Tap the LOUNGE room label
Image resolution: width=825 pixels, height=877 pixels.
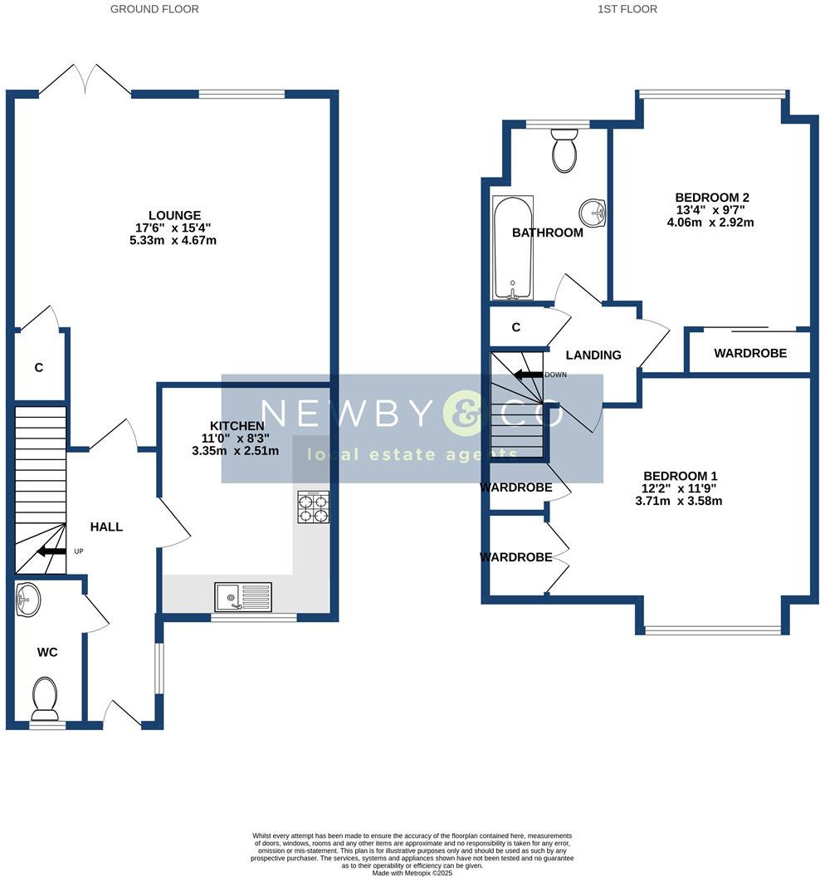pyautogui.click(x=174, y=216)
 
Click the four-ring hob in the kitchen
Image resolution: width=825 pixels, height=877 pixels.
pyautogui.click(x=314, y=507)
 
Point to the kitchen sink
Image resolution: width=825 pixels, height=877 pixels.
pyautogui.click(x=242, y=597)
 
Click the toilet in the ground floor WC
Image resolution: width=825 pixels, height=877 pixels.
pyautogui.click(x=44, y=698)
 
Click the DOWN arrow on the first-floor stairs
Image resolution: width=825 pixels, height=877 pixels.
pyautogui.click(x=527, y=375)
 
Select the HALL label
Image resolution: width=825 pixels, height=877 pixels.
pyautogui.click(x=106, y=527)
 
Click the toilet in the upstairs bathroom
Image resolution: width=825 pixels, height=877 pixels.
pyautogui.click(x=564, y=149)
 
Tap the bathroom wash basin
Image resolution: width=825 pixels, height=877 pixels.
pyautogui.click(x=594, y=213)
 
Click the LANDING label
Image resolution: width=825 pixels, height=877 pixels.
pyautogui.click(x=593, y=355)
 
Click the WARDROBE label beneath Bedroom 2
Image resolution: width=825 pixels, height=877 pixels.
pyautogui.click(x=750, y=353)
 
